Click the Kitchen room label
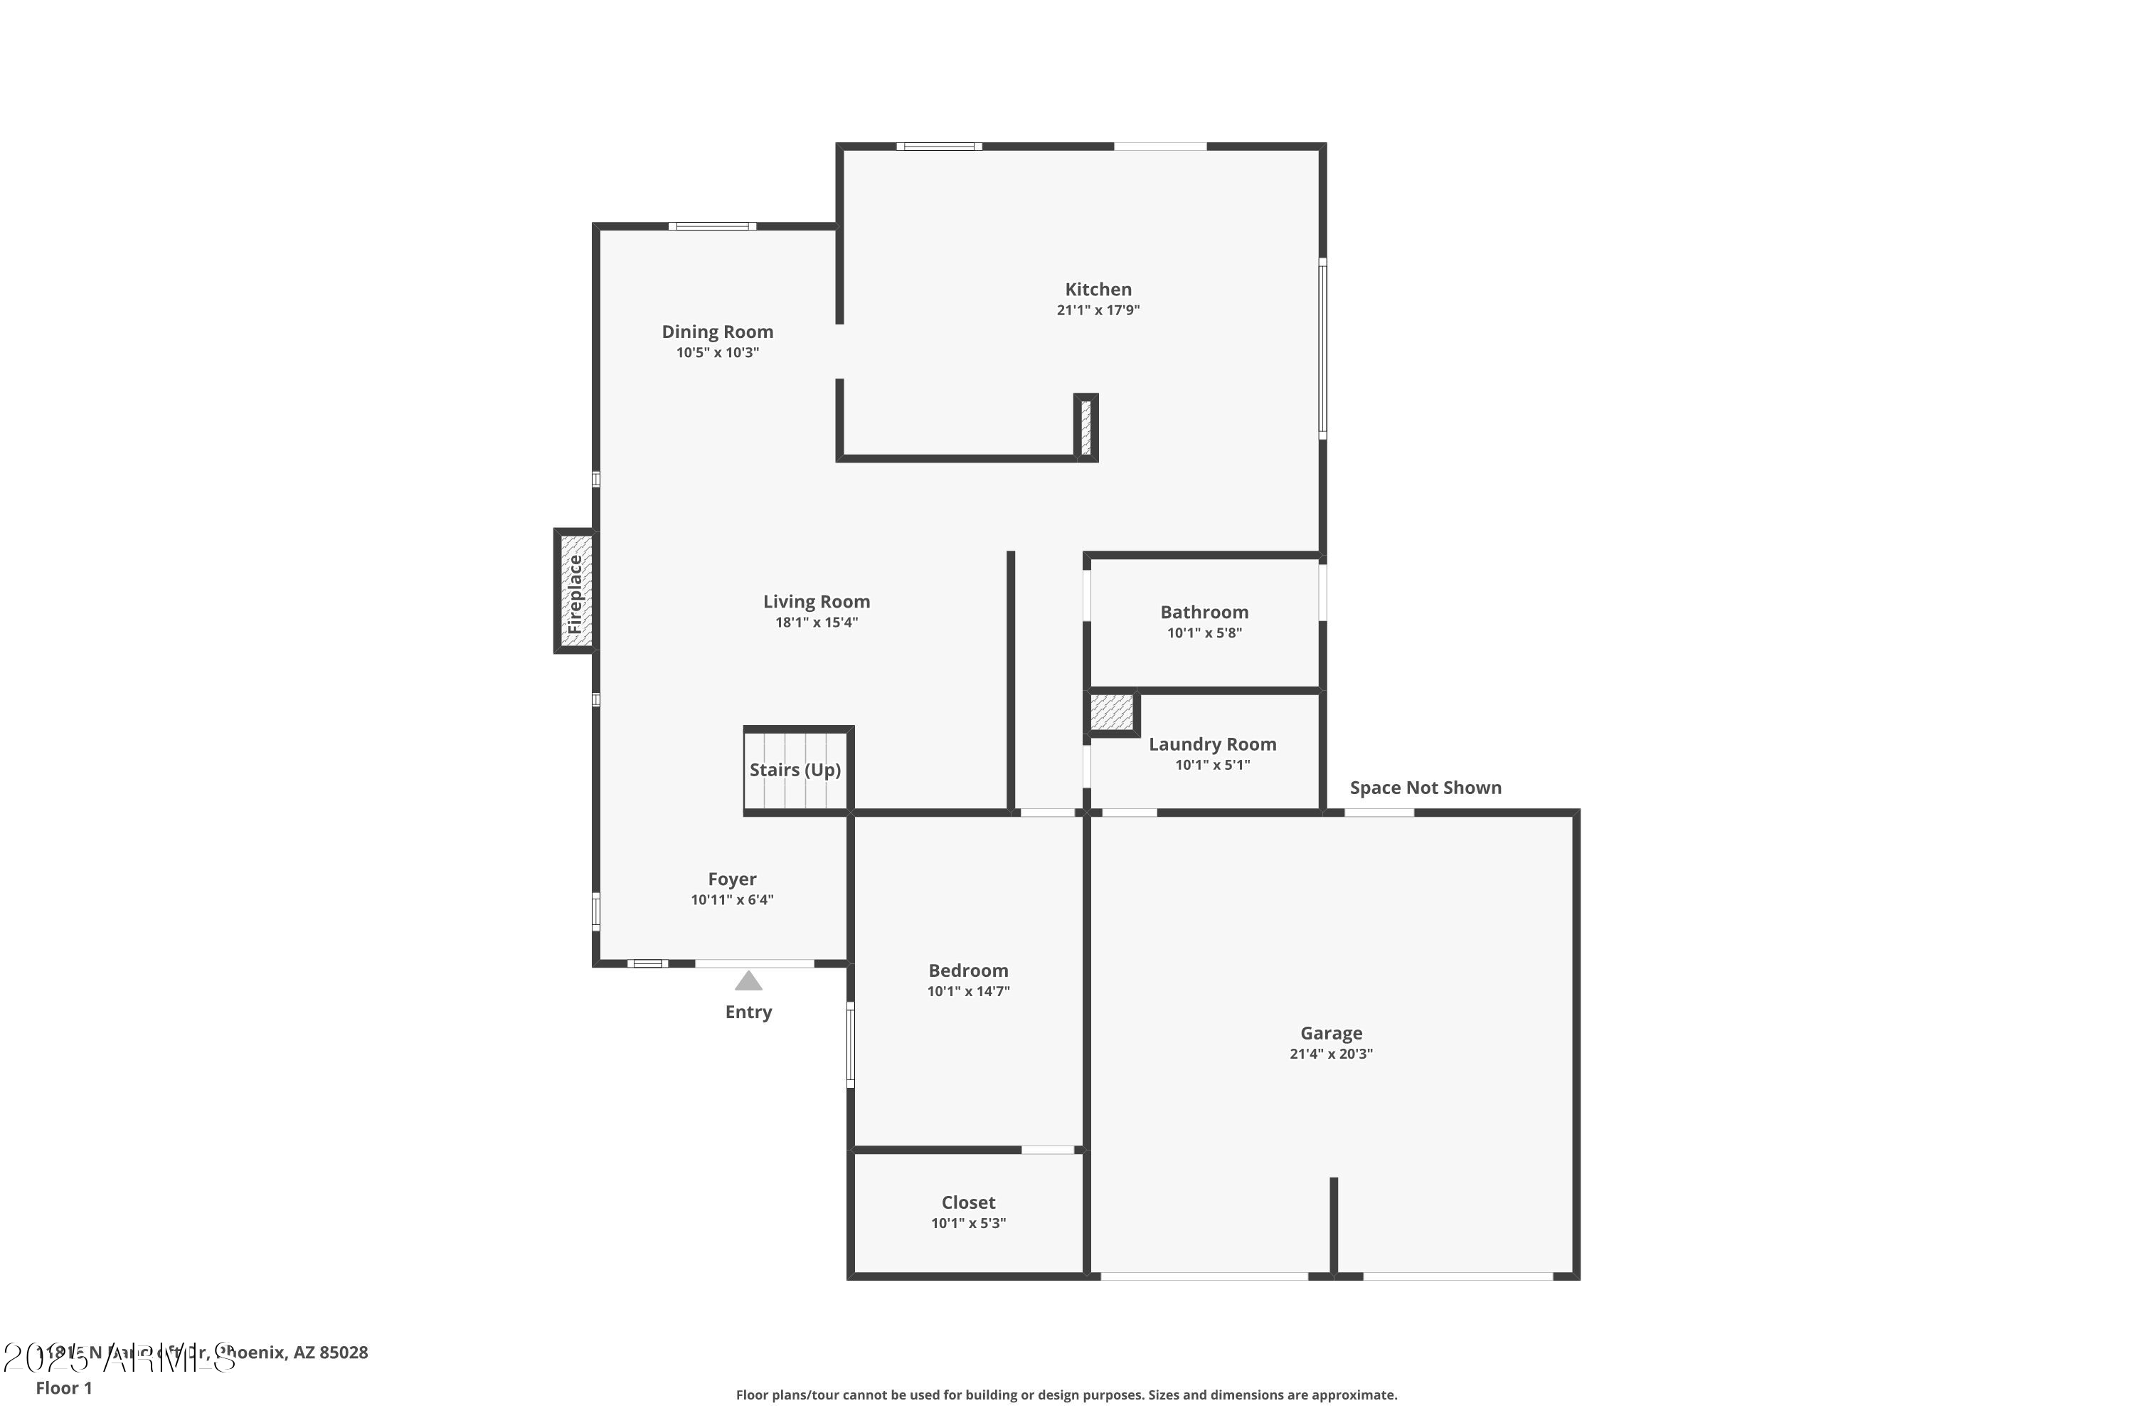coord(1098,290)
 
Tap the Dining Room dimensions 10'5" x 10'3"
coord(717,353)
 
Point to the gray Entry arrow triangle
coord(748,982)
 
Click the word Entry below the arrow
coord(748,1012)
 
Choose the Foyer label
coord(731,879)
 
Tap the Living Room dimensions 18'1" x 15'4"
coord(816,623)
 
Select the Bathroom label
coord(1204,613)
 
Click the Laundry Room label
coord(1212,744)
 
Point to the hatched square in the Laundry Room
coord(1111,712)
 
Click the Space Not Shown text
coord(1425,788)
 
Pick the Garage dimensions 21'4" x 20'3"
coord(1330,1054)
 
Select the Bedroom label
coord(968,971)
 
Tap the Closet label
coord(968,1202)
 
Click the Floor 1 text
coord(63,1387)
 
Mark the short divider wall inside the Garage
coord(1333,1225)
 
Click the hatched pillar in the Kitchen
coord(1085,426)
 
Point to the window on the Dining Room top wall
coord(712,226)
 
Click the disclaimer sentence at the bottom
coord(1066,1395)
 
